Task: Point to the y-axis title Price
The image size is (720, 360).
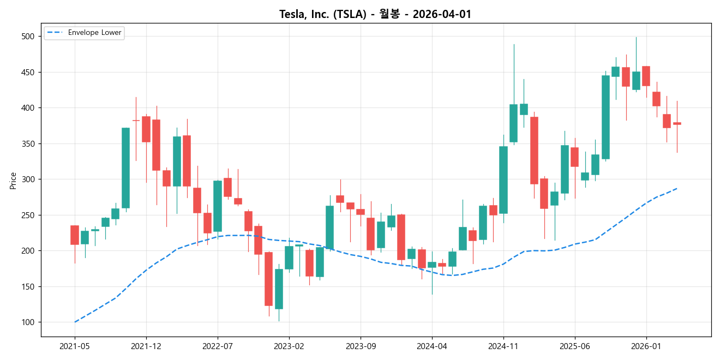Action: coord(13,181)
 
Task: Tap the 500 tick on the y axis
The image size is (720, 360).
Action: coord(27,37)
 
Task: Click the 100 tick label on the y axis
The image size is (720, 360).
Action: coord(27,322)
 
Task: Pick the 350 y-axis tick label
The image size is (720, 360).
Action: coord(27,144)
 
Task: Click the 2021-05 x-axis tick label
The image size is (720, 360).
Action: coord(75,346)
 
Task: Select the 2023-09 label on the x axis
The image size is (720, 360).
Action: coord(361,346)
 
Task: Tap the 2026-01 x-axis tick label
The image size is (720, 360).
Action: coord(646,346)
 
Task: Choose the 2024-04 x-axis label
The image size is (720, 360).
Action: coord(432,346)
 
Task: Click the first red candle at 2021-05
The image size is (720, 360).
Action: coord(75,235)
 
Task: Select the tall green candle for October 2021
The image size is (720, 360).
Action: coord(125,168)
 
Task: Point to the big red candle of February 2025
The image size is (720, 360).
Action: coord(534,151)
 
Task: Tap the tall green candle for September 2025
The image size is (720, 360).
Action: coord(605,117)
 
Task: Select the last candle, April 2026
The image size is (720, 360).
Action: coord(677,123)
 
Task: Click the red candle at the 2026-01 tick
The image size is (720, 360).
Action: coord(646,76)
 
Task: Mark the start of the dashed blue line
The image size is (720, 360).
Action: coord(75,322)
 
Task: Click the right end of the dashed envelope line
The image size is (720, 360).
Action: coord(677,188)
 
